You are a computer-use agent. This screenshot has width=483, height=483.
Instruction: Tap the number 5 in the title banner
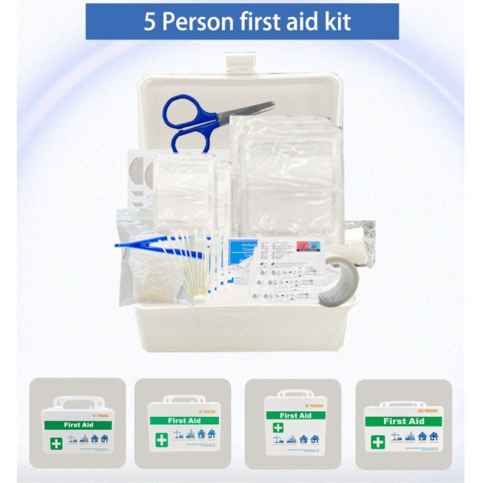coord(150,22)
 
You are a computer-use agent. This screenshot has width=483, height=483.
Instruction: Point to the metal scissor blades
coord(249,110)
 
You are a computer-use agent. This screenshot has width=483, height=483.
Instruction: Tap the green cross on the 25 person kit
coord(160,440)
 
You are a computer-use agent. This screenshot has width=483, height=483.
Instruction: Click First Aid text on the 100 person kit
coord(404,421)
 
